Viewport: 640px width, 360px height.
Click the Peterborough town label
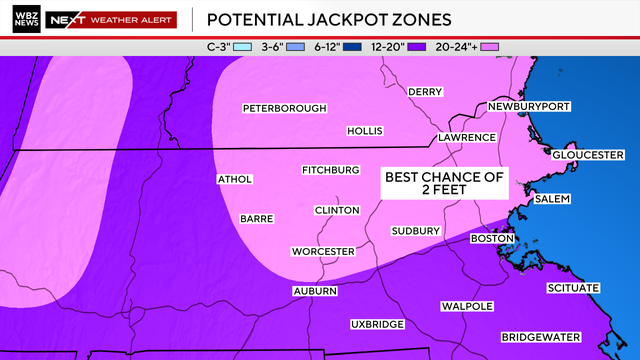tap(285, 108)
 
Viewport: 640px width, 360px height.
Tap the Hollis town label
tap(364, 131)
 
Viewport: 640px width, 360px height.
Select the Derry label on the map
tap(425, 92)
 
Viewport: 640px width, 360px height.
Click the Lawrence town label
tap(466, 137)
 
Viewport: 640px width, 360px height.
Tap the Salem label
tap(552, 199)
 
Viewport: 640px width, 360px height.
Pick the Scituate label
tap(573, 288)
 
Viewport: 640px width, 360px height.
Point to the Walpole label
tap(462, 306)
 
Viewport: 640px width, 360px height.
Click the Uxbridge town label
tap(377, 325)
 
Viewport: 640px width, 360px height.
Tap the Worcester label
tap(323, 251)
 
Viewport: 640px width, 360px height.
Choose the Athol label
tap(235, 180)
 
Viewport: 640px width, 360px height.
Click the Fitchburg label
tap(330, 170)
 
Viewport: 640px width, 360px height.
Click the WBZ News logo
tap(28, 19)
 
